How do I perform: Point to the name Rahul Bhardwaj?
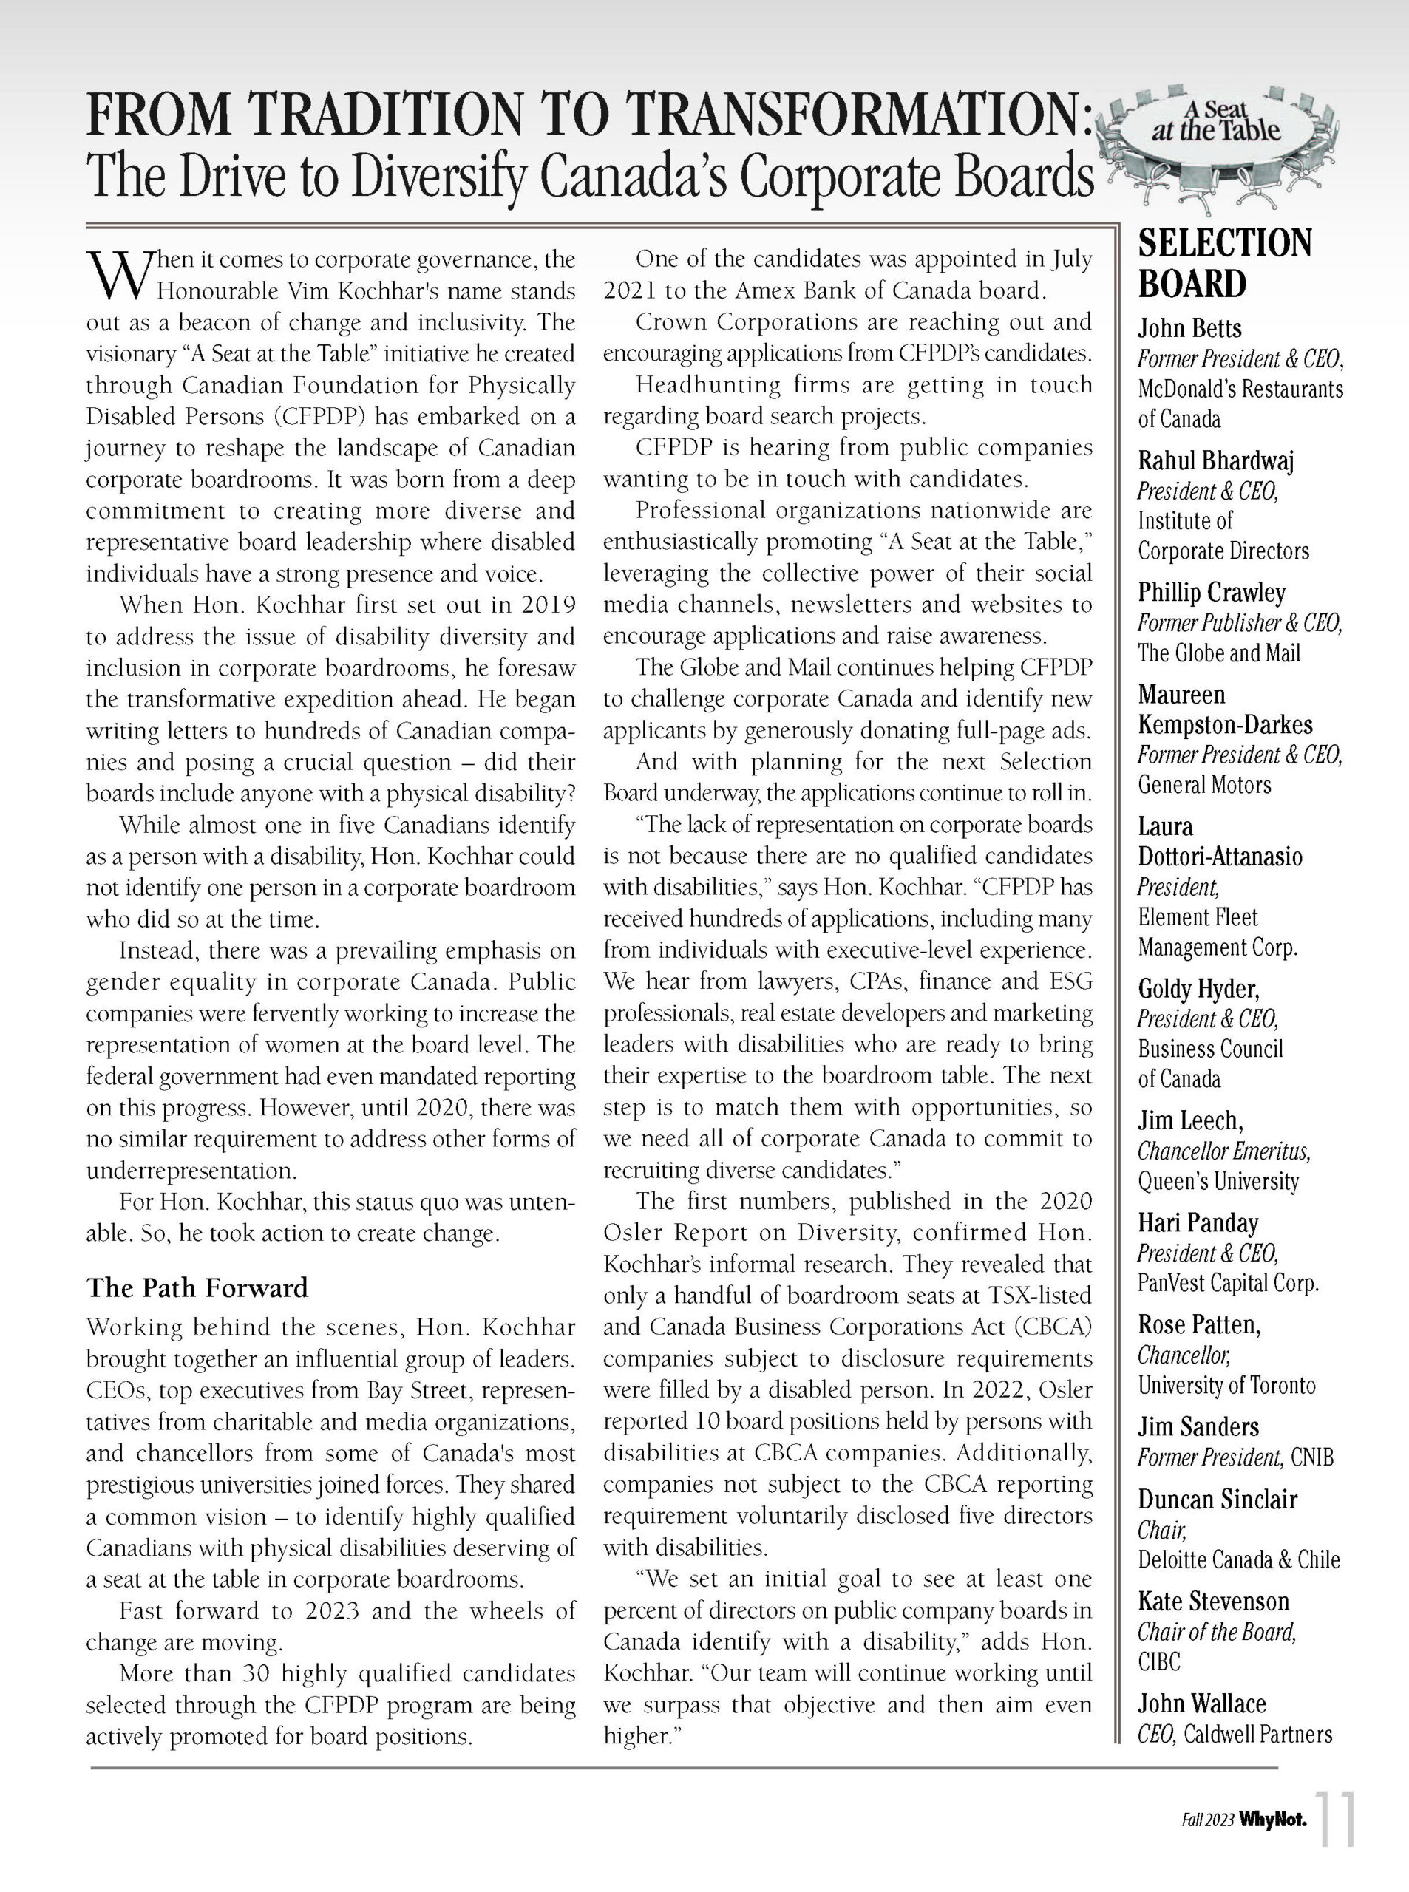pyautogui.click(x=1215, y=460)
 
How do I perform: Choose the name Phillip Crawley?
pyautogui.click(x=1211, y=593)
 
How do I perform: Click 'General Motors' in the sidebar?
pyautogui.click(x=1203, y=784)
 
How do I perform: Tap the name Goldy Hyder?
pyautogui.click(x=1198, y=989)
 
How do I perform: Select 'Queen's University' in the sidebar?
pyautogui.click(x=1218, y=1182)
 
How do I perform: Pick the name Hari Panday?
pyautogui.click(x=1198, y=1224)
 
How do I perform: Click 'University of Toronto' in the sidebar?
pyautogui.click(x=1226, y=1386)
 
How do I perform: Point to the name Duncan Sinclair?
pyautogui.click(x=1217, y=1500)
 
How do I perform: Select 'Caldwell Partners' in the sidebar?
pyautogui.click(x=1257, y=1735)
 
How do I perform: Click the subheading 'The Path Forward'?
pyautogui.click(x=197, y=1287)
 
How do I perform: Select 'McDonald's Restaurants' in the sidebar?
pyautogui.click(x=1240, y=389)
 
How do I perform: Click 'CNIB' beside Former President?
pyautogui.click(x=1311, y=1457)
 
